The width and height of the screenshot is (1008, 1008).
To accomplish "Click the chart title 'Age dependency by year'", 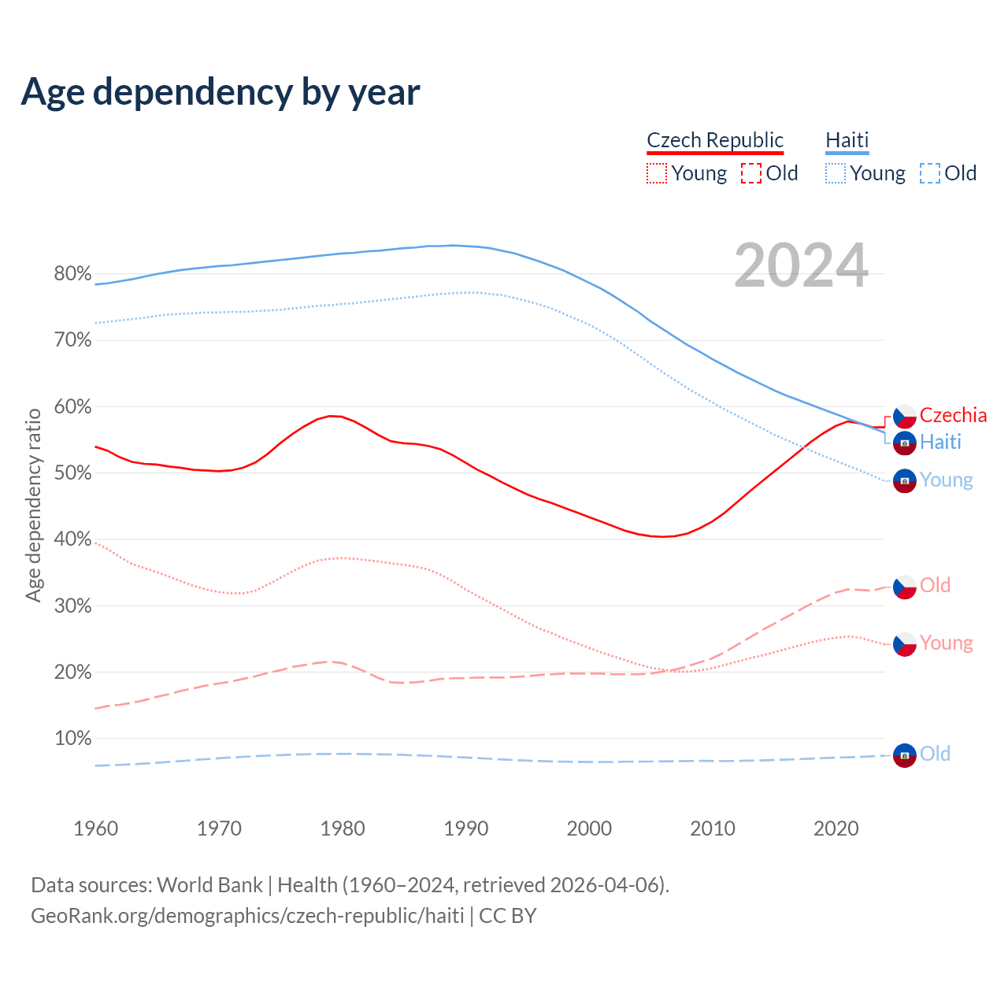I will pos(220,92).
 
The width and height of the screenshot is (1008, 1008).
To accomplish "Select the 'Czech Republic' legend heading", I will pos(715,140).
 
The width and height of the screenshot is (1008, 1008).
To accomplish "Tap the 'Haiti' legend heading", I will pos(847,140).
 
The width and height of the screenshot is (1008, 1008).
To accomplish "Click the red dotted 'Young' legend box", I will pos(656,173).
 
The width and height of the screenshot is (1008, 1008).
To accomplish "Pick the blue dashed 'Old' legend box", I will pos(930,173).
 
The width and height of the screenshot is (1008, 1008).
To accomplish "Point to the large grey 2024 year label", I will pos(801,266).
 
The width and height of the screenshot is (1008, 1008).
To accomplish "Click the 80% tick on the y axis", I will pos(72,274).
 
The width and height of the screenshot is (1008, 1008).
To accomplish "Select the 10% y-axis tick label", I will pos(72,739).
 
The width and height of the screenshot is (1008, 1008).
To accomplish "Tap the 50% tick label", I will pos(72,473).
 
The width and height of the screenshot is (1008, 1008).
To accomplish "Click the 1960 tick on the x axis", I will pos(95,828).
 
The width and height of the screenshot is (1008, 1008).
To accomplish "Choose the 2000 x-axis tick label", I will pos(589,828).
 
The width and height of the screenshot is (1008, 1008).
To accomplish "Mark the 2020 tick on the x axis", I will pos(836,828).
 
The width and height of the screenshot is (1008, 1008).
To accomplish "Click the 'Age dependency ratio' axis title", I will pos(33,505).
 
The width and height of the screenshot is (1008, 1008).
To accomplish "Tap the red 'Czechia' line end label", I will pos(953,415).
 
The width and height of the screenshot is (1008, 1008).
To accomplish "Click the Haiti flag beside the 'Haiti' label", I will pos(905,443).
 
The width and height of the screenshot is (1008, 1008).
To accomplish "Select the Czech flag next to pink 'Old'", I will pos(905,587).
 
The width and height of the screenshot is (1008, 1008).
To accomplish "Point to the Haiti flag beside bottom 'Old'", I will pos(905,755).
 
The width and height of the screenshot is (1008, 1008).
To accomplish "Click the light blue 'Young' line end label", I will pos(946,480).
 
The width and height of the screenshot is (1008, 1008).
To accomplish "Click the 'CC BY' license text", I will pos(508,916).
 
